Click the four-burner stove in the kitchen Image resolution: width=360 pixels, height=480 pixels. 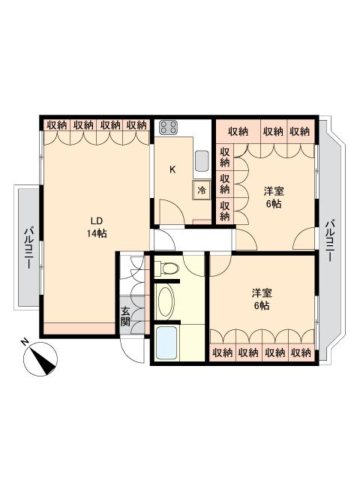[169, 127]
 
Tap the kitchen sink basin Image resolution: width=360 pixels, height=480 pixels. [202, 161]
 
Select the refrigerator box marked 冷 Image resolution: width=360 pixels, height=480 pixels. [202, 190]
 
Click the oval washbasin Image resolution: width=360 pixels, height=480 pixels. [165, 301]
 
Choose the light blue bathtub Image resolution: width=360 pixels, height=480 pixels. [166, 343]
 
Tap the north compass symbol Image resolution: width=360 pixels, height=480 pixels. [40, 358]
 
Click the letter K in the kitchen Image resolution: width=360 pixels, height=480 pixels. [172, 169]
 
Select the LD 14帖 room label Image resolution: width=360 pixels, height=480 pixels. [97, 227]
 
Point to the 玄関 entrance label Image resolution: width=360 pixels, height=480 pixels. [125, 316]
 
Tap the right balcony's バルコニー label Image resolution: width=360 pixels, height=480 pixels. [330, 240]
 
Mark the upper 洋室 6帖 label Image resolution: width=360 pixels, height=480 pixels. [274, 198]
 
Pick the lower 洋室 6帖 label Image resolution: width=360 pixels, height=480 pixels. [262, 299]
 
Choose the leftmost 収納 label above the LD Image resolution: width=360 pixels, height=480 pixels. [57, 125]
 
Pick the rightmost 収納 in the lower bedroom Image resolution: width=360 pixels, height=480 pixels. [301, 353]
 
